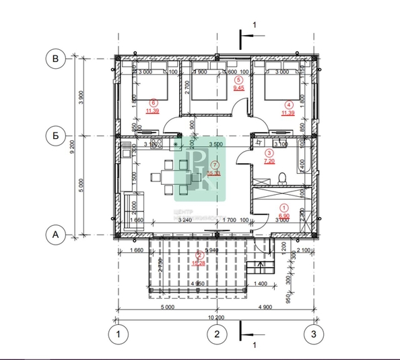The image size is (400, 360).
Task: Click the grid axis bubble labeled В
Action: click(56, 60)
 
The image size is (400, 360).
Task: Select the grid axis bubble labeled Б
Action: click(56, 136)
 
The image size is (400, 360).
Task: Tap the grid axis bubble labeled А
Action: click(56, 235)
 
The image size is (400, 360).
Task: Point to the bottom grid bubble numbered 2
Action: click(216, 333)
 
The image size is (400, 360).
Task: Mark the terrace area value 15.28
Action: click(199, 263)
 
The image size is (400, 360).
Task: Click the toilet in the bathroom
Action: click(283, 177)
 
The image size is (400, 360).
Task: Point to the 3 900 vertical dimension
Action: click(81, 98)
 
